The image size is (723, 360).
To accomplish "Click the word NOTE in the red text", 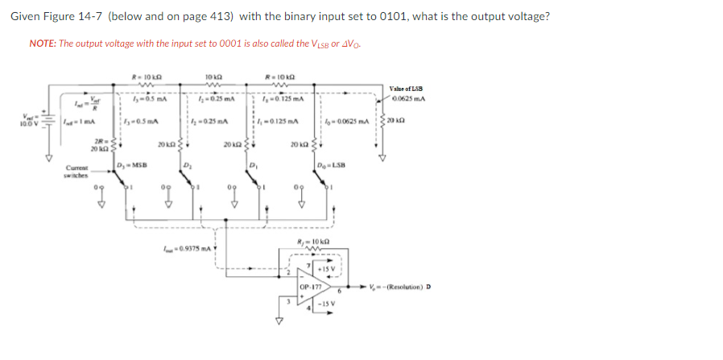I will [42, 43].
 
